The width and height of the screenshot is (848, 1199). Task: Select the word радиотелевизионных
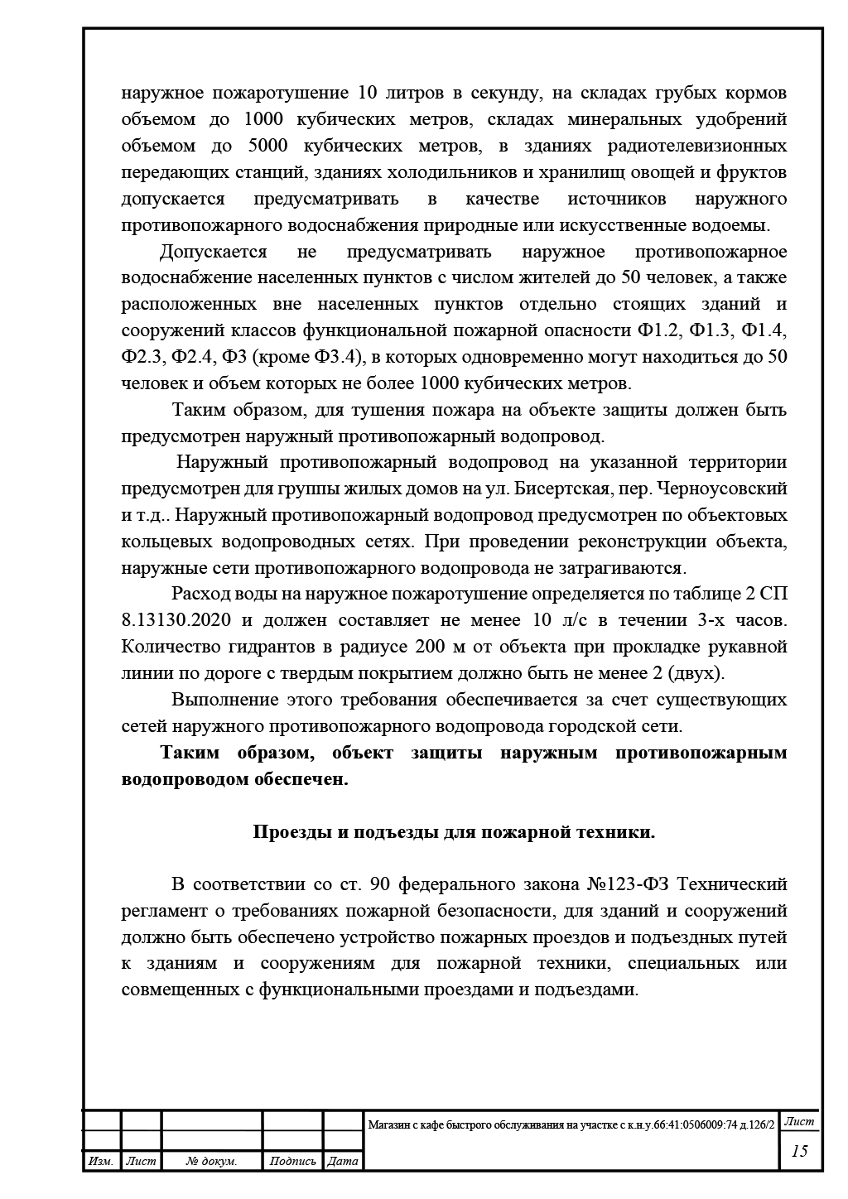pyautogui.click(x=702, y=147)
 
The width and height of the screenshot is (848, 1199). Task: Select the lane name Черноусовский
pyautogui.click(x=729, y=488)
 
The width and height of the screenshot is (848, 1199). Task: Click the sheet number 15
pyautogui.click(x=799, y=1151)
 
